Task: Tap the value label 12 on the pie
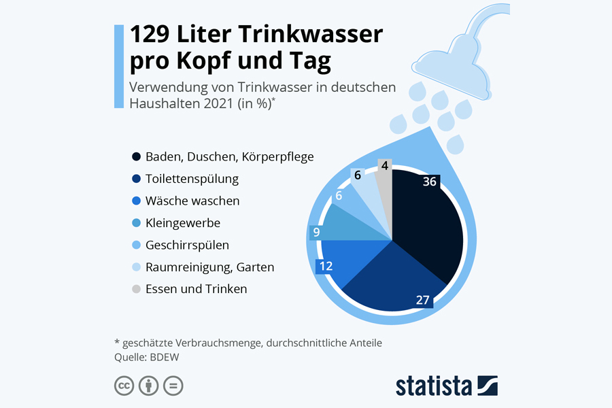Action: click(x=326, y=266)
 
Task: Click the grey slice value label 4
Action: click(x=385, y=165)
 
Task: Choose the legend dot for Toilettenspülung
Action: click(x=136, y=180)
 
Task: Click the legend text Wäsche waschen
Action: click(x=192, y=201)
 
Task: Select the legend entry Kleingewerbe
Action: click(x=183, y=223)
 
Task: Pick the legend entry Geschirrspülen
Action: click(x=187, y=245)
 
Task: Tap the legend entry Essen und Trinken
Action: click(x=196, y=289)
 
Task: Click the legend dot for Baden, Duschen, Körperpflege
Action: click(x=136, y=157)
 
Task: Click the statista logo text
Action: click(x=434, y=386)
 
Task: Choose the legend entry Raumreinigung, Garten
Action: click(x=209, y=267)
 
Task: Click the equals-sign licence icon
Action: click(x=173, y=386)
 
